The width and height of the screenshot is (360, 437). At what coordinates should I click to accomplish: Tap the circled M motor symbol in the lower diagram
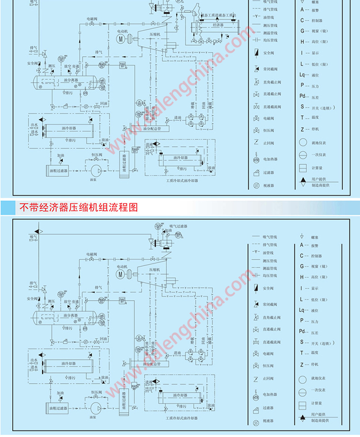(x=120, y=274)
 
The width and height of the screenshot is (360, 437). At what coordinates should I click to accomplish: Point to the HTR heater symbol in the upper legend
(x=256, y=160)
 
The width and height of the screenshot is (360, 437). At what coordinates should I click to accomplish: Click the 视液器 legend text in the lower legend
(x=268, y=421)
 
